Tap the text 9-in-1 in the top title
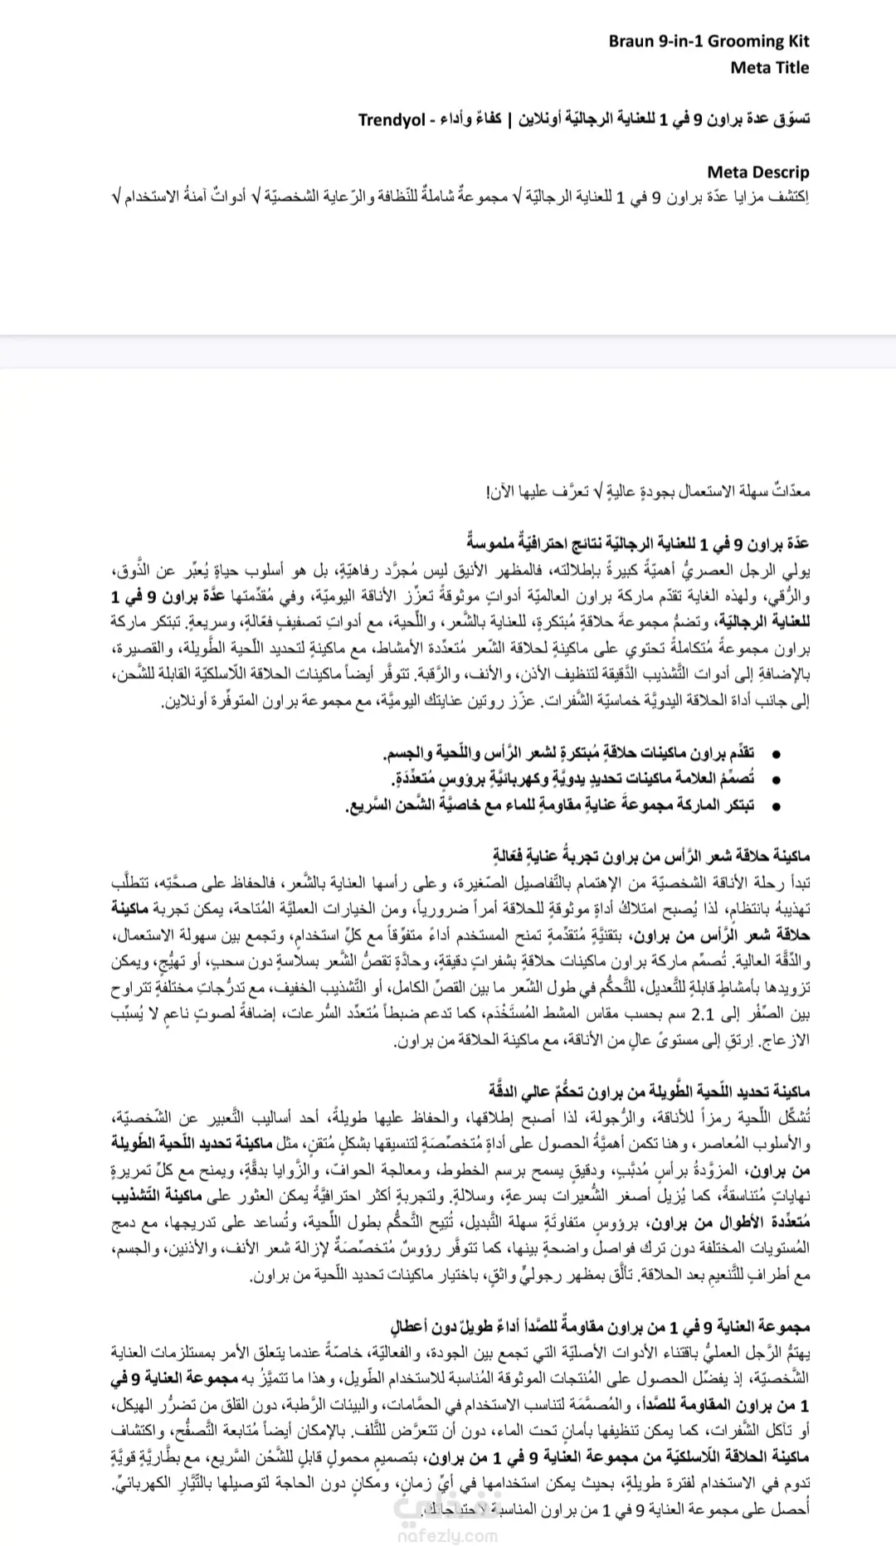(x=679, y=41)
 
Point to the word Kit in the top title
(x=796, y=41)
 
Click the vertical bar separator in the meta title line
(x=511, y=119)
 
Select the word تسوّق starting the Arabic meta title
(x=791, y=119)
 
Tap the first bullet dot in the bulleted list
(x=775, y=754)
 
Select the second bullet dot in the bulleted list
(x=775, y=780)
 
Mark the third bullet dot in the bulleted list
(x=775, y=806)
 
